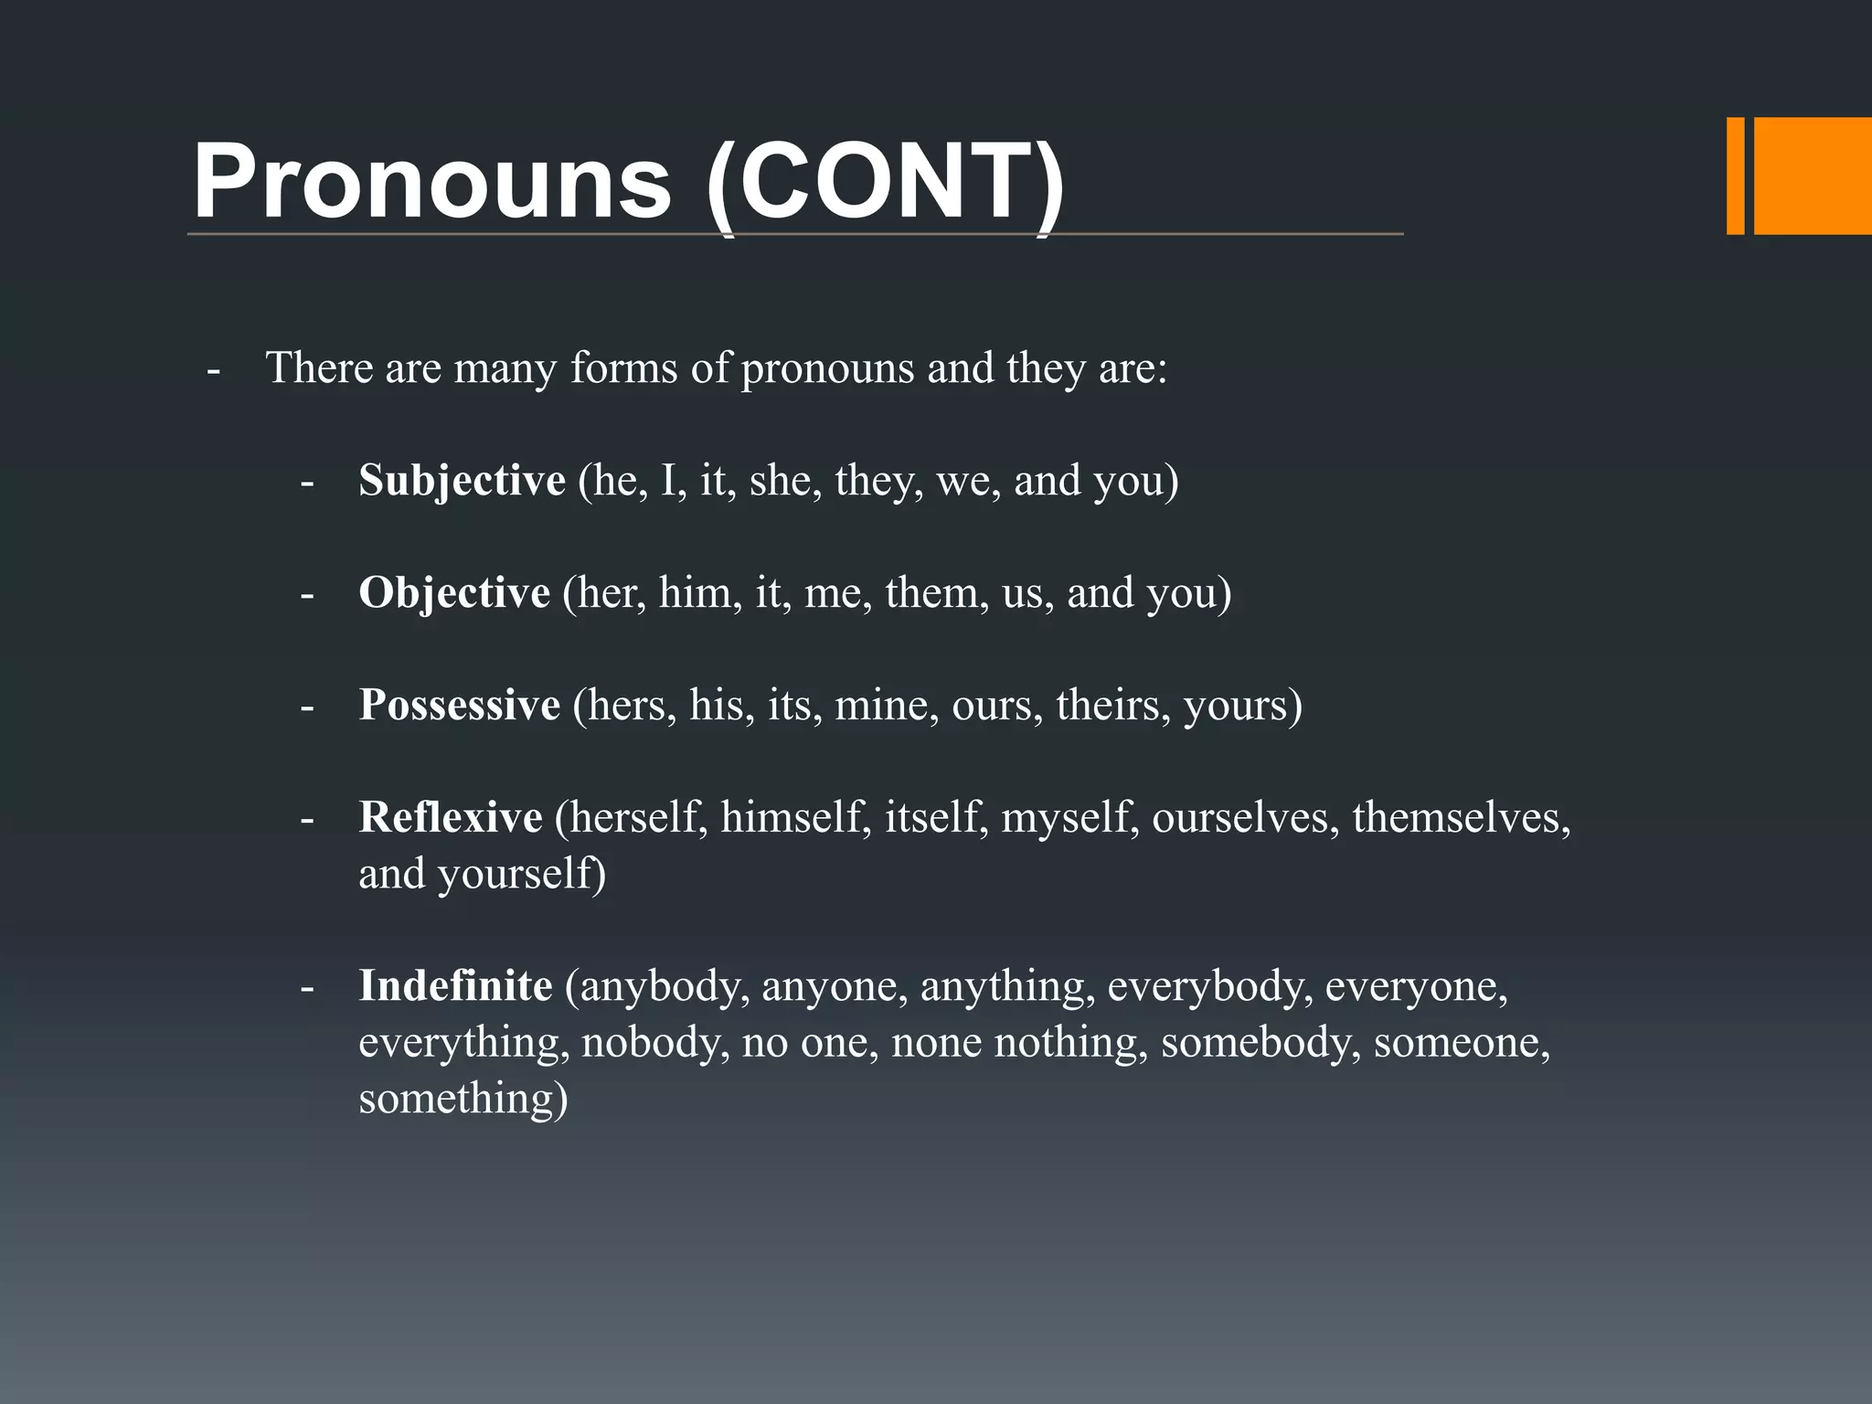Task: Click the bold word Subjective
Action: [x=462, y=481]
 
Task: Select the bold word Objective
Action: [x=454, y=593]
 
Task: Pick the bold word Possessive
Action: [x=459, y=705]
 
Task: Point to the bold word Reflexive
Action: [x=451, y=817]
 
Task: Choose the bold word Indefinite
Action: [x=455, y=985]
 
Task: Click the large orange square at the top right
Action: [x=1813, y=175]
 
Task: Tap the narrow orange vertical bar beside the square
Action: [x=1735, y=175]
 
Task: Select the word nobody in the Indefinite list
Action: [x=654, y=1042]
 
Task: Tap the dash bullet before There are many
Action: [x=213, y=371]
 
